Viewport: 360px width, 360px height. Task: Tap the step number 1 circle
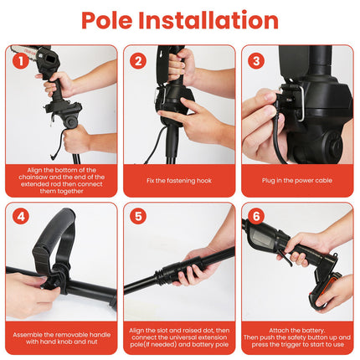coord(19,59)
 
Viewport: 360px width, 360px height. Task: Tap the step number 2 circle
coord(138,59)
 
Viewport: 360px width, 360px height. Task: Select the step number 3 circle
coord(257,59)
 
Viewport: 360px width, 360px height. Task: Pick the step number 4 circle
coord(19,218)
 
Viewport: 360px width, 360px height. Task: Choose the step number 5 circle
coord(138,218)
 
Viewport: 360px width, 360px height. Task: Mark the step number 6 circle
coord(257,218)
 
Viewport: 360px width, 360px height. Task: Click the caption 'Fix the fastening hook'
coord(179,180)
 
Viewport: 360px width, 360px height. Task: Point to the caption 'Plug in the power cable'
coord(298,180)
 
